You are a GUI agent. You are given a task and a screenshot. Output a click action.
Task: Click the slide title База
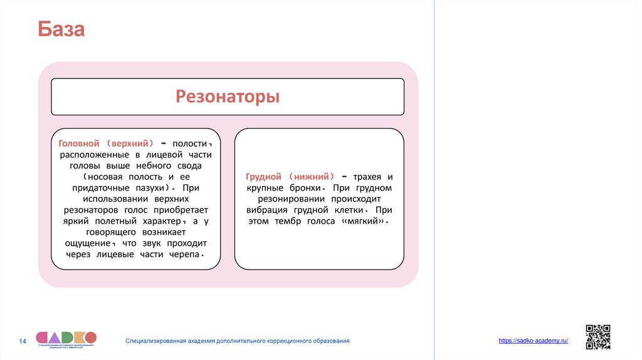(x=61, y=29)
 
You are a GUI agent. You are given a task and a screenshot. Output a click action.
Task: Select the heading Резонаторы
(x=228, y=97)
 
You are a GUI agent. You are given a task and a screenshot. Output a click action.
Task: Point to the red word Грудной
(x=264, y=177)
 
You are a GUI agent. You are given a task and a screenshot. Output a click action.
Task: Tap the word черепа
(x=186, y=255)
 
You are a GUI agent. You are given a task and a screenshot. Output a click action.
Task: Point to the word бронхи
(x=303, y=188)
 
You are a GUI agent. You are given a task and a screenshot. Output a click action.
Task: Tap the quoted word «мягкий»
(x=364, y=222)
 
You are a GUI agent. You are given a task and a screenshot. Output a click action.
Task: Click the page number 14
(x=23, y=341)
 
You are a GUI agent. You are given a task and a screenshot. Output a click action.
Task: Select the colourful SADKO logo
(x=66, y=339)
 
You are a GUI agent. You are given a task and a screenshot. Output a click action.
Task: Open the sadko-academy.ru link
(x=533, y=340)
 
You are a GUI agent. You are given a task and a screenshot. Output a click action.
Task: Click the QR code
(x=597, y=337)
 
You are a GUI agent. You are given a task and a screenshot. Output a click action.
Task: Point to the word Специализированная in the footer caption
(x=159, y=341)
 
